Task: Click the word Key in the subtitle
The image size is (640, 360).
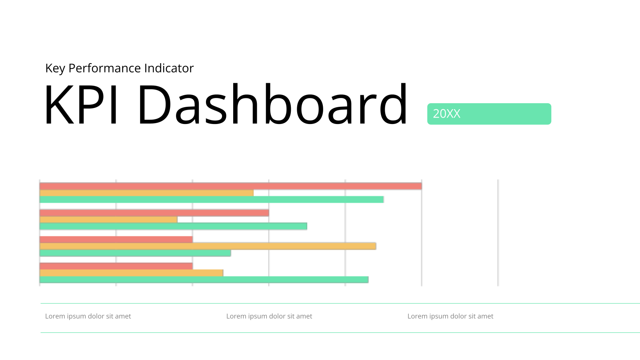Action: pos(55,68)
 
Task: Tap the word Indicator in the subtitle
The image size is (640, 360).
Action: pos(169,68)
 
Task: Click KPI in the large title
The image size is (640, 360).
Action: pos(80,104)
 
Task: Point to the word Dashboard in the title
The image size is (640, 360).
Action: pos(272,104)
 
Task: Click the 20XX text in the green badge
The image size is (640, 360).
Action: pos(446,114)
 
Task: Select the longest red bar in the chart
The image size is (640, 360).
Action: pos(230,186)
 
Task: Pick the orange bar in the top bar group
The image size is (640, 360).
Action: pos(146,193)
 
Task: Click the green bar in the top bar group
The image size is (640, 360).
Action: pos(212,200)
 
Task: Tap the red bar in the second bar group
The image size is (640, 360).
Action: pos(154,213)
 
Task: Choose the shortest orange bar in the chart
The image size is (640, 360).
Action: pos(108,220)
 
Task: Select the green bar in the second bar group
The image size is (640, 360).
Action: pos(174,226)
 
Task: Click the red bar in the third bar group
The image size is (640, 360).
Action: pos(116,240)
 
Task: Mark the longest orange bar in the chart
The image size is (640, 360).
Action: pos(208,246)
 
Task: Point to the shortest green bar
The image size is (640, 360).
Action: pos(135,253)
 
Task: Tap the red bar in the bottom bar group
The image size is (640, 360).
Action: pos(116,266)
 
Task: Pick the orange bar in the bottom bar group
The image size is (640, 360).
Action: pos(132,273)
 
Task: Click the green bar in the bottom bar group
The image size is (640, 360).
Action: pos(204,280)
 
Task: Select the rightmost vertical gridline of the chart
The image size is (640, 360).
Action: pos(498,232)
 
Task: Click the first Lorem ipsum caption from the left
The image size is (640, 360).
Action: pos(88,316)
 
